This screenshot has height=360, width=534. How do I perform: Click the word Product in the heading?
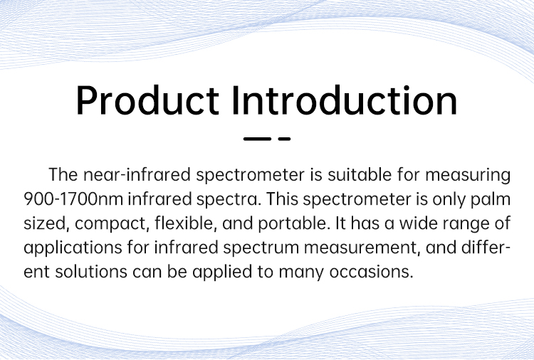click(147, 100)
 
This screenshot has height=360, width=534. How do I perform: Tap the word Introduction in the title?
click(345, 100)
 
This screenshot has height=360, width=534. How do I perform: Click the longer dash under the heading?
click(257, 139)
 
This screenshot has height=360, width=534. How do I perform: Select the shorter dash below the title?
click(284, 139)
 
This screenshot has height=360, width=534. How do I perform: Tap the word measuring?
click(468, 176)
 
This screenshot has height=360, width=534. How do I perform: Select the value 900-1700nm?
click(73, 199)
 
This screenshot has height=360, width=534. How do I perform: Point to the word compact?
click(112, 224)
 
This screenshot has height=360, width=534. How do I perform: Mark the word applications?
click(73, 248)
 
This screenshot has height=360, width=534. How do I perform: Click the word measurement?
click(362, 248)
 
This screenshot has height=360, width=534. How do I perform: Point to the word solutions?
click(91, 272)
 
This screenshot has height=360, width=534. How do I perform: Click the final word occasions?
click(371, 272)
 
